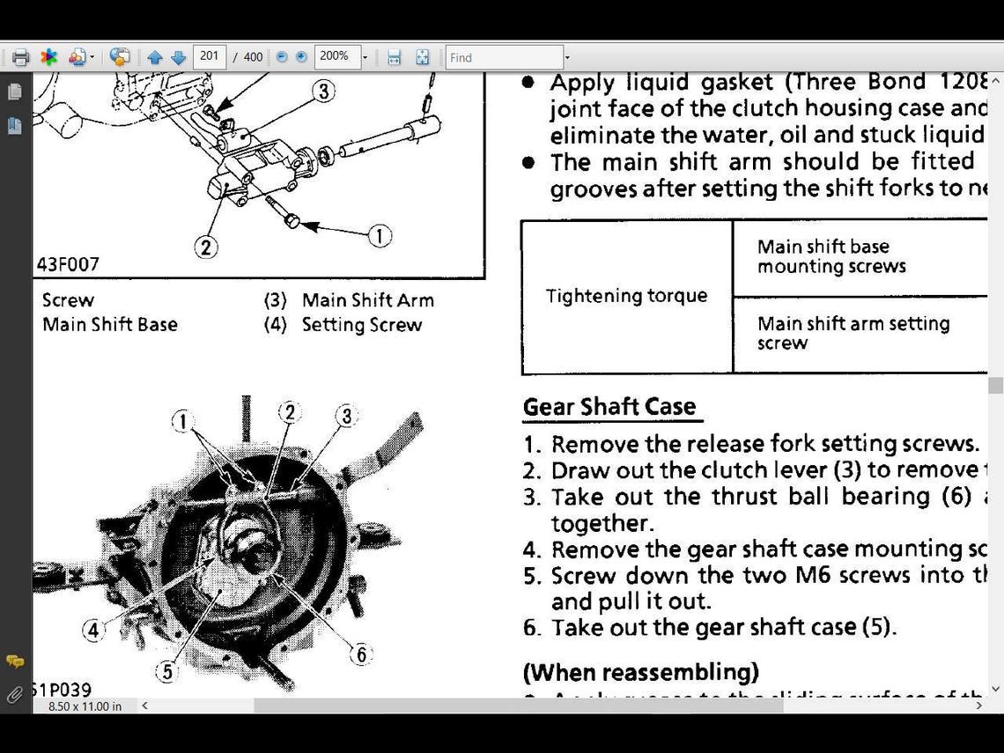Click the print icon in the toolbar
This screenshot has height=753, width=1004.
point(21,57)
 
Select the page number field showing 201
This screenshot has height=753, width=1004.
point(210,57)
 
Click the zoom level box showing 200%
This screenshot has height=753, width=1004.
point(336,57)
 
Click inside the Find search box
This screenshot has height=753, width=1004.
point(504,57)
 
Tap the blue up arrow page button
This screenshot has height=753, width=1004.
point(155,57)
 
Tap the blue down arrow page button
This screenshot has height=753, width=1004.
point(179,57)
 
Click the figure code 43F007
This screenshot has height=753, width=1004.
point(68,264)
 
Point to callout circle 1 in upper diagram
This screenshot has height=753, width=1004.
point(380,236)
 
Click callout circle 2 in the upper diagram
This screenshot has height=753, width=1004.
point(206,247)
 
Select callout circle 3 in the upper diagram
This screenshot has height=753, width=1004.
point(324,91)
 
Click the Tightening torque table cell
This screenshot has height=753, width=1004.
point(626,296)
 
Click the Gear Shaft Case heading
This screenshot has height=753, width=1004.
point(609,407)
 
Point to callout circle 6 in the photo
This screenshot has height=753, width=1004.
point(360,654)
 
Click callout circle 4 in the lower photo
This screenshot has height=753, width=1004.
point(93,631)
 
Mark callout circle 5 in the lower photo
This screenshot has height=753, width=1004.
point(166,672)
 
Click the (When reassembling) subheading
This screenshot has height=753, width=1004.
point(640,673)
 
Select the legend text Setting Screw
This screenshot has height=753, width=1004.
point(361,325)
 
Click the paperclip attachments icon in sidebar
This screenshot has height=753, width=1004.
point(14,695)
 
